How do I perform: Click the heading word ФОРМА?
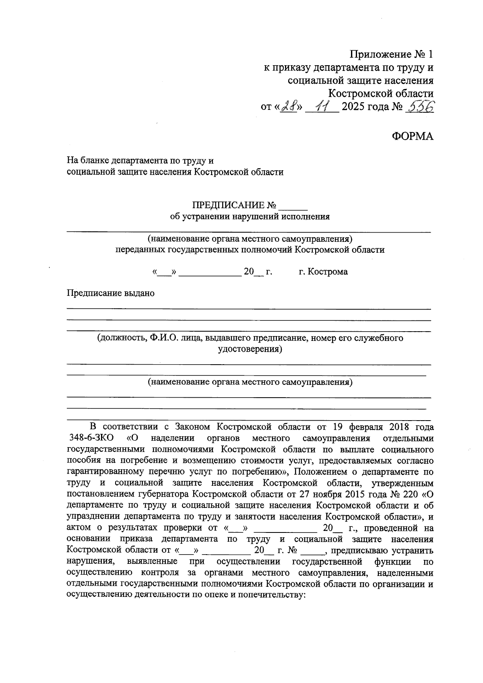(x=413, y=136)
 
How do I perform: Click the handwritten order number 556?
(x=420, y=107)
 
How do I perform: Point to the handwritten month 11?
(x=321, y=107)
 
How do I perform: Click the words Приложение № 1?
(x=392, y=54)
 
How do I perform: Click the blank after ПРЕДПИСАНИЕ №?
(x=293, y=206)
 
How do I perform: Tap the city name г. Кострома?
(x=323, y=272)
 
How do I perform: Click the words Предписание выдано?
(x=110, y=293)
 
